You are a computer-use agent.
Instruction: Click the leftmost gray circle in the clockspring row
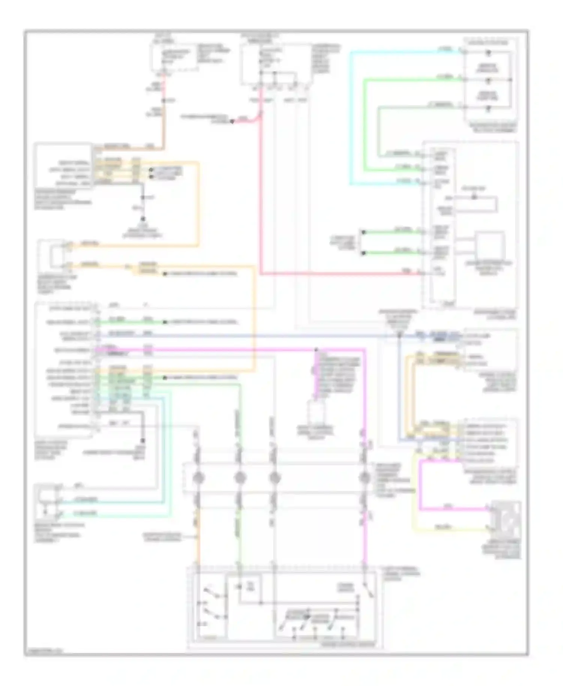pos(199,478)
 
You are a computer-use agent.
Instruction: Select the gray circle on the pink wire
pos(364,478)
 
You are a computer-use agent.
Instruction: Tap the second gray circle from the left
pos(240,478)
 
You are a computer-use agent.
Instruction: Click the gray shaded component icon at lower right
pos(507,519)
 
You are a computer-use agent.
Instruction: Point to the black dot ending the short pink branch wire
pos(232,121)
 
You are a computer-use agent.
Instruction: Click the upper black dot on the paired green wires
pos(363,233)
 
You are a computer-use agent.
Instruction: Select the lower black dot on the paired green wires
pos(363,253)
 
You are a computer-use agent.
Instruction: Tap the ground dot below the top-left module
pos(143,219)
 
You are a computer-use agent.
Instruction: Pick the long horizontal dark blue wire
pos(263,335)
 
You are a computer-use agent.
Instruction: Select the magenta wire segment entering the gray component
pos(454,509)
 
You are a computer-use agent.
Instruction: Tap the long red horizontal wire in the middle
pos(338,274)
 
